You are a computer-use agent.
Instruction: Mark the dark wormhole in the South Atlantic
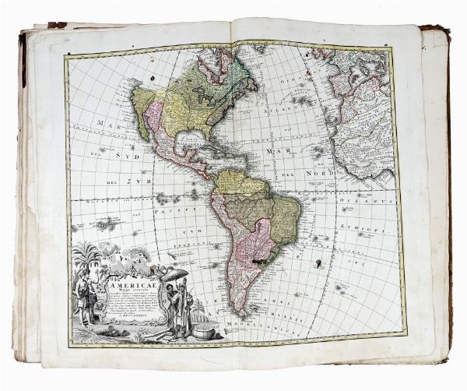coord(318,264)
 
